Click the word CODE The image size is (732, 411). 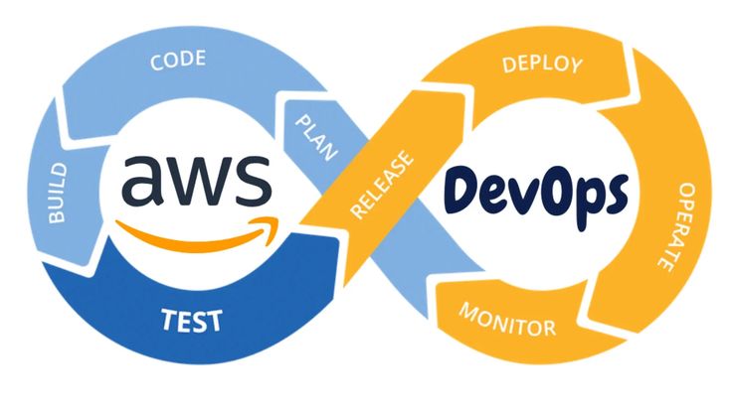178,61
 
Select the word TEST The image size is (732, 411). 192,321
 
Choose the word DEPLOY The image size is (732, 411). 542,66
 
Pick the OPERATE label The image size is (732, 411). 667,226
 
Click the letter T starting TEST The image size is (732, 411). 167,321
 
